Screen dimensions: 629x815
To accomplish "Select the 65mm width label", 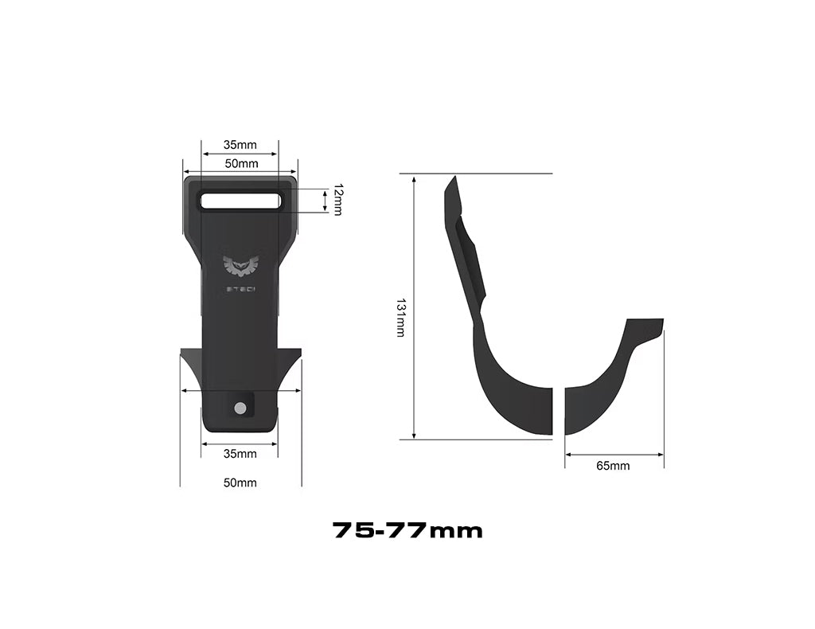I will pos(612,466).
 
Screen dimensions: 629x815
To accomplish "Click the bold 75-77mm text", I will pos(407,530).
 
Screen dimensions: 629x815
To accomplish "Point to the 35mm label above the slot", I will pos(240,145).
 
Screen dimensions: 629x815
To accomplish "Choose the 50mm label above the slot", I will pos(241,164).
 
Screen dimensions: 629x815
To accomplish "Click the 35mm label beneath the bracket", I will pos(240,454).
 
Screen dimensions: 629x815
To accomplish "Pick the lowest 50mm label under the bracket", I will pos(240,482).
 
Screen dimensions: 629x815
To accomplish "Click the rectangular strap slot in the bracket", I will pos(240,201).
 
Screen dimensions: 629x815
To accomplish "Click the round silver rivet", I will pos(240,408).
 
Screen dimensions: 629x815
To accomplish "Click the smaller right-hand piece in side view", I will pos(609,378).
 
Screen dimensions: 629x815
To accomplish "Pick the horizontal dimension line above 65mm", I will pos(614,455).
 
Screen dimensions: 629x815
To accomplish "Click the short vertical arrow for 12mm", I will pos(326,201).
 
